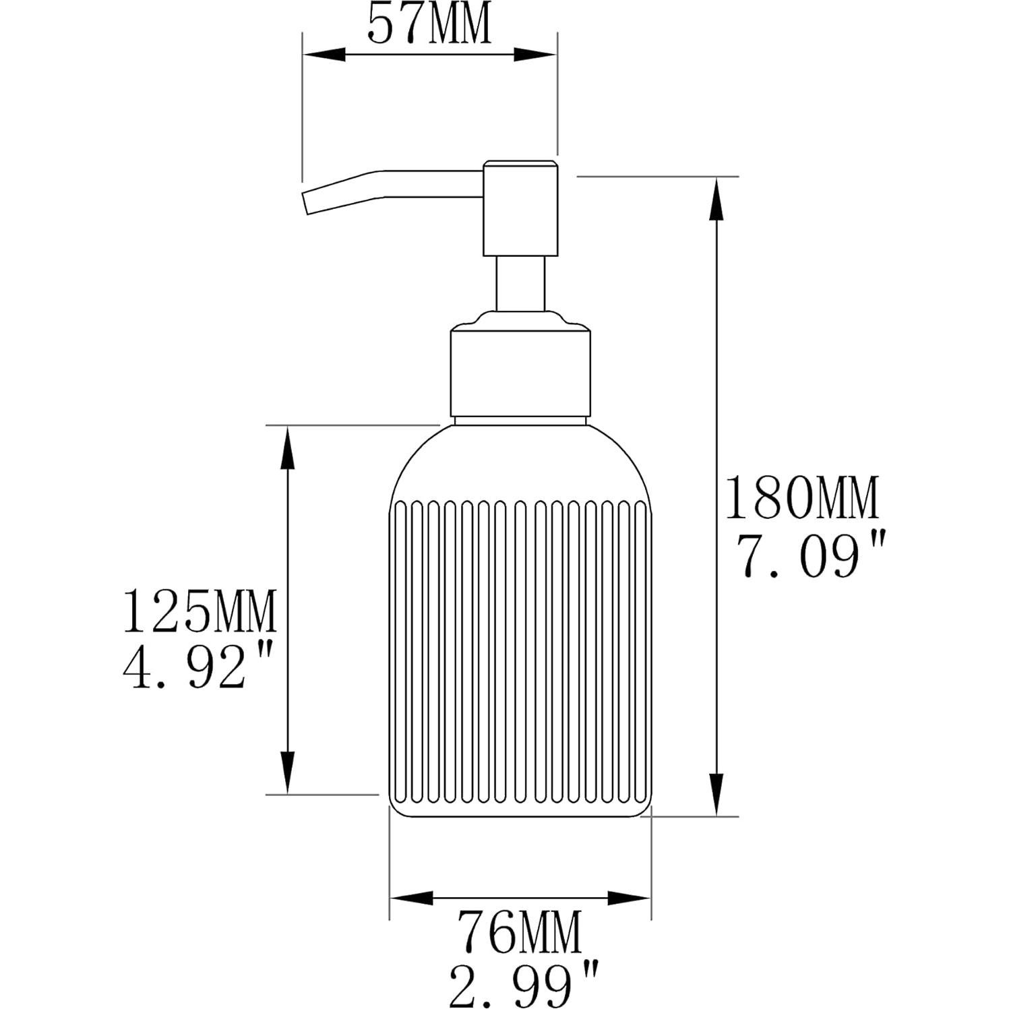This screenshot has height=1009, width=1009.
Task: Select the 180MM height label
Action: pyautogui.click(x=801, y=498)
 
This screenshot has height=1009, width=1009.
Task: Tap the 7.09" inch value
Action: pyautogui.click(x=801, y=556)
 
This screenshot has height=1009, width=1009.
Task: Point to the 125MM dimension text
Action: pyautogui.click(x=200, y=611)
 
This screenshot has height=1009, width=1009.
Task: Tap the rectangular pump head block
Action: pyautogui.click(x=520, y=208)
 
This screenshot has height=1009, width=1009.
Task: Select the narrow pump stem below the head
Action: pyautogui.click(x=520, y=284)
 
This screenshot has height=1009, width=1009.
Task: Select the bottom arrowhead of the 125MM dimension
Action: pyautogui.click(x=288, y=772)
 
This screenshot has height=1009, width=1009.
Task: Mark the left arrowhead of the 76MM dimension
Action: pyautogui.click(x=412, y=898)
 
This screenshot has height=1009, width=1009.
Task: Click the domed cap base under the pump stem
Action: pyautogui.click(x=520, y=319)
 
